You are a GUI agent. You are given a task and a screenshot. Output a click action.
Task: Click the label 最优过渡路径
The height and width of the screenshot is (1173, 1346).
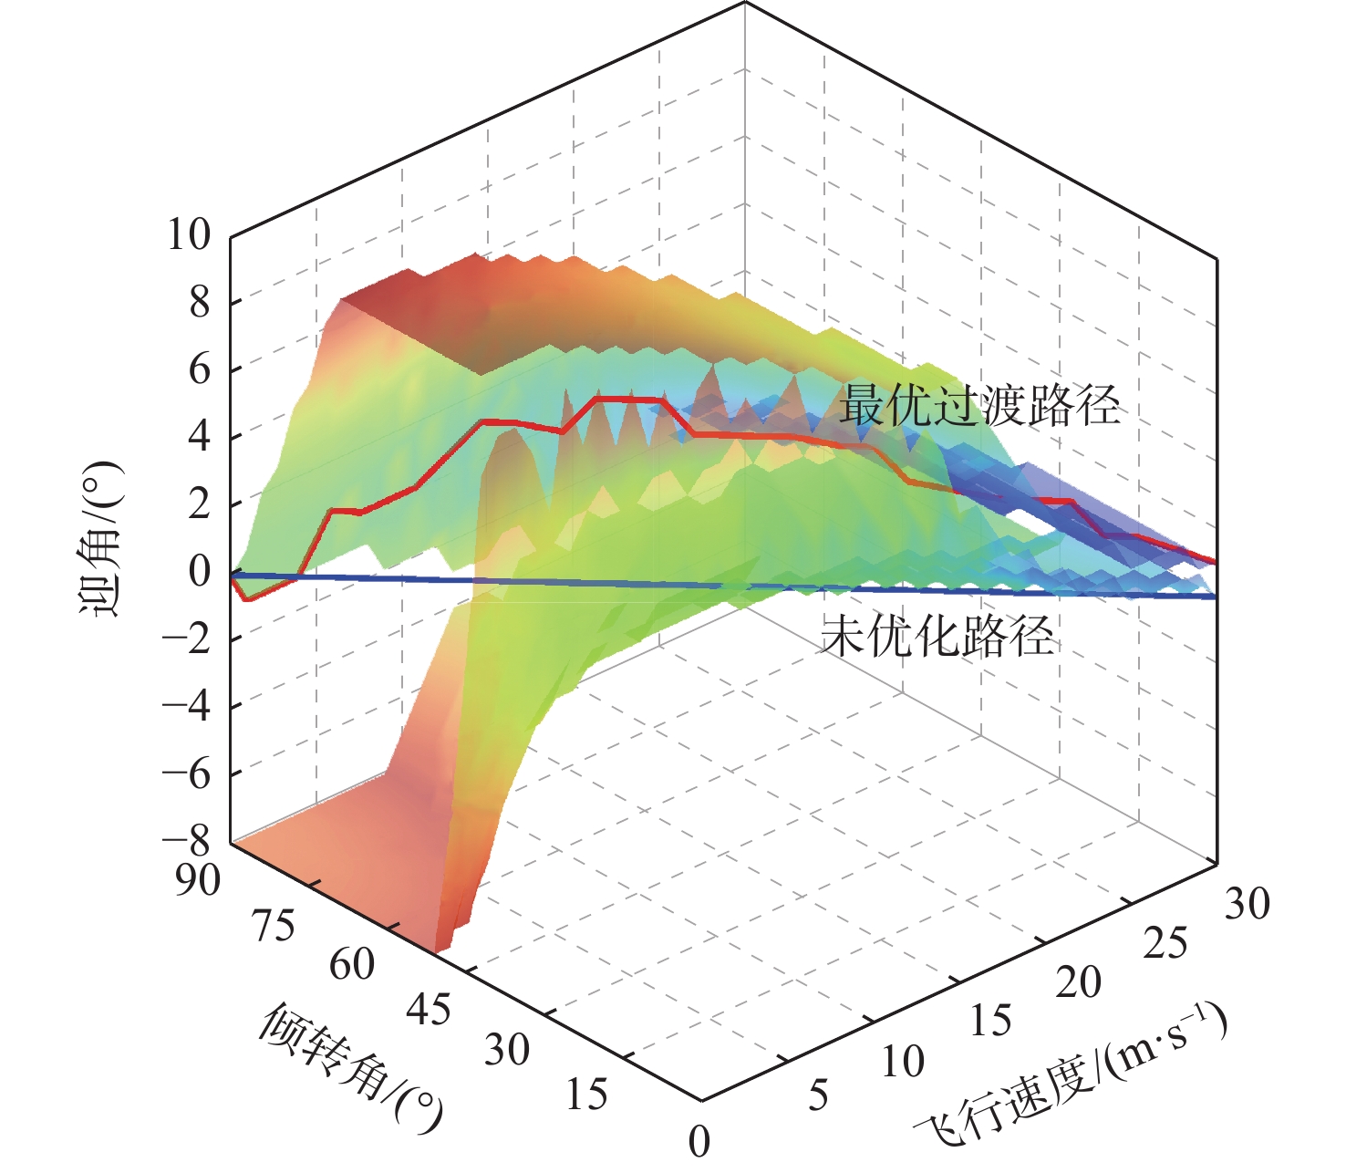pos(979,406)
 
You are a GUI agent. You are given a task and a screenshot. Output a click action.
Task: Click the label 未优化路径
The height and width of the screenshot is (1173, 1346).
pos(937,636)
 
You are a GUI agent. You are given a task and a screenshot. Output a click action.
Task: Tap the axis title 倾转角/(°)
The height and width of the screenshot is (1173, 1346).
pos(351,1066)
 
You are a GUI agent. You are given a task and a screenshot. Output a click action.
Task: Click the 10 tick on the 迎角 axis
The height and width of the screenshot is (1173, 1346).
pos(188,235)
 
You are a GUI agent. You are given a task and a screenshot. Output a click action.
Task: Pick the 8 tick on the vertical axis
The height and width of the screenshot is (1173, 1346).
pos(200,303)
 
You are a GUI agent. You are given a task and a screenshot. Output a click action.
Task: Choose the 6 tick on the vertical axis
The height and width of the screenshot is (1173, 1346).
pos(200,370)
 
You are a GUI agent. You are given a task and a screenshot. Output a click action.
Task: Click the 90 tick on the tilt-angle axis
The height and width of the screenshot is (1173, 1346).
pos(198,880)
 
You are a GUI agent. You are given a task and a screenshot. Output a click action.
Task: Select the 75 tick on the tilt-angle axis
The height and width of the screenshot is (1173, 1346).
pos(274,926)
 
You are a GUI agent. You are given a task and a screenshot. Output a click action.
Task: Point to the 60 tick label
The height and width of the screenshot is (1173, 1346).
pos(352,965)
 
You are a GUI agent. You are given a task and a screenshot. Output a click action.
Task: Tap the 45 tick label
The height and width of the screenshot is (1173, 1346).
pos(429,1009)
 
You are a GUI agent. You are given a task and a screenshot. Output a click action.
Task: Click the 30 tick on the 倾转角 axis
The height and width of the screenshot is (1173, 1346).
pos(506,1051)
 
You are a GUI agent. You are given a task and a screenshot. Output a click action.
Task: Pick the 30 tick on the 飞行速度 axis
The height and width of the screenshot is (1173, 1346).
pos(1247,904)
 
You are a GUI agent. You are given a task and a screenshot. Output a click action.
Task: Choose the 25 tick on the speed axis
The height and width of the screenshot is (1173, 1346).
pos(1165,944)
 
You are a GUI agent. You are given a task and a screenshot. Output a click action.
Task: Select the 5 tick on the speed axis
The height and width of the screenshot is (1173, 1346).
pos(818,1095)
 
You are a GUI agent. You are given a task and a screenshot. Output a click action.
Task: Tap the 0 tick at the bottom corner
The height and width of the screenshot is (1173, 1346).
pos(699,1141)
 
